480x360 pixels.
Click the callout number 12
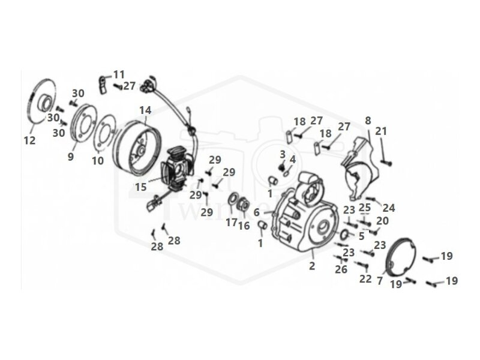(29, 140)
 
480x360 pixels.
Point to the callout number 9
(71, 157)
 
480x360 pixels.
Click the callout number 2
(311, 265)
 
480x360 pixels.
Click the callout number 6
(256, 212)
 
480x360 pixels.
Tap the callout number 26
(341, 269)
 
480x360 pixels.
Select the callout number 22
(365, 278)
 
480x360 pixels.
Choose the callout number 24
(389, 208)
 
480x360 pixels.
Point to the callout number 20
(382, 221)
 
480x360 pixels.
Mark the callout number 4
(292, 159)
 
